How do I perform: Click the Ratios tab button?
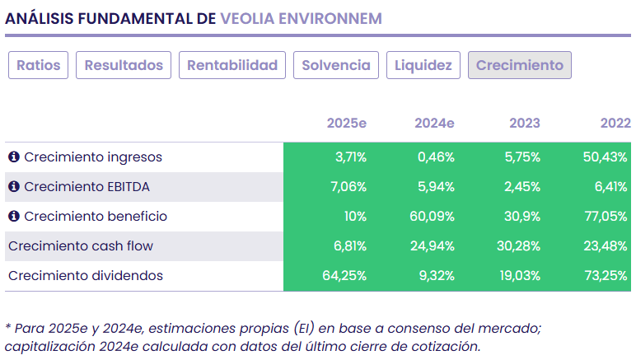[x=39, y=65]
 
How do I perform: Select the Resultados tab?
[x=124, y=65]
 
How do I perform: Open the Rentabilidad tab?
[x=232, y=65]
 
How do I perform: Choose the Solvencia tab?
[x=336, y=65]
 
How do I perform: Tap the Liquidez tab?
[x=423, y=65]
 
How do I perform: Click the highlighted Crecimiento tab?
[x=519, y=65]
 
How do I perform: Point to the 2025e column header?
[x=346, y=124]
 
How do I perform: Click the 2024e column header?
[x=434, y=124]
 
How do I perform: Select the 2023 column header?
[x=525, y=124]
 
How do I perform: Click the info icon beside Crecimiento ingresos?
[x=14, y=157]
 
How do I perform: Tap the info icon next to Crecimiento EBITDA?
[x=14, y=187]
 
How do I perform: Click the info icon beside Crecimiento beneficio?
[x=14, y=217]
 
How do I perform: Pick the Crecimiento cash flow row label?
[x=81, y=246]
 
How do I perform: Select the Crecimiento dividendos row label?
[x=86, y=276]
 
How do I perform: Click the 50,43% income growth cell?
[x=606, y=157]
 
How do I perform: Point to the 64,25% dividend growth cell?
[x=344, y=276]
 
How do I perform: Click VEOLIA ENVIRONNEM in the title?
[x=301, y=18]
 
